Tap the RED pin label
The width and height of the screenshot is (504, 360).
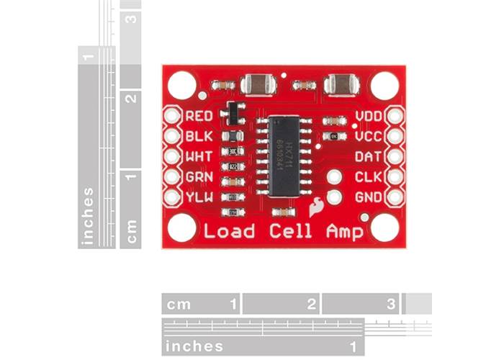tap(198, 116)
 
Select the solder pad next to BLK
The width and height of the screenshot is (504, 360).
tap(172, 135)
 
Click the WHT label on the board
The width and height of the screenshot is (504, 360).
tap(198, 156)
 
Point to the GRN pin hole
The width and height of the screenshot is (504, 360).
tap(172, 176)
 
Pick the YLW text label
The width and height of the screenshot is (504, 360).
tap(198, 197)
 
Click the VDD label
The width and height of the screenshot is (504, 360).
tap(368, 116)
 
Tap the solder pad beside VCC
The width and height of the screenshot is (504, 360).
tap(395, 135)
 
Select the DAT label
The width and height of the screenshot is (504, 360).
tap(368, 156)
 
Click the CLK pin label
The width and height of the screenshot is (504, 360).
tap(368, 176)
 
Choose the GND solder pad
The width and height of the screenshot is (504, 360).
tap(395, 197)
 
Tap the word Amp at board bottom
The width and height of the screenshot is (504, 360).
tap(343, 231)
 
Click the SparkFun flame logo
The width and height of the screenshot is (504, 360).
tap(315, 208)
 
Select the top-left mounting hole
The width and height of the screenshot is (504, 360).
tap(182, 85)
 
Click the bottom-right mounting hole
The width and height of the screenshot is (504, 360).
tap(385, 228)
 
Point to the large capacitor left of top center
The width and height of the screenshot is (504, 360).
tap(258, 85)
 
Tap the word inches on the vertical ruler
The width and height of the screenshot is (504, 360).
tap(88, 216)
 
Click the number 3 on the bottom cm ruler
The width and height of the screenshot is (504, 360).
tap(390, 304)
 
